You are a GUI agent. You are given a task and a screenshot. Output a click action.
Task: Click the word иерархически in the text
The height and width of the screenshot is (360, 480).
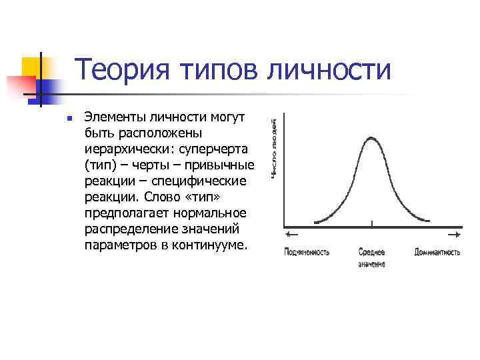[122, 149]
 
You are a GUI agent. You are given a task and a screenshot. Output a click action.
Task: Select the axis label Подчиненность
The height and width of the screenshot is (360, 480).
[306, 253]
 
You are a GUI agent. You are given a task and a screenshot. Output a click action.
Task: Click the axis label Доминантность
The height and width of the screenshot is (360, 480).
[437, 253]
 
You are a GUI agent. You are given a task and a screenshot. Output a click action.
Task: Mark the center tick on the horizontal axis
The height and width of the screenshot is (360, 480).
[372, 224]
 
